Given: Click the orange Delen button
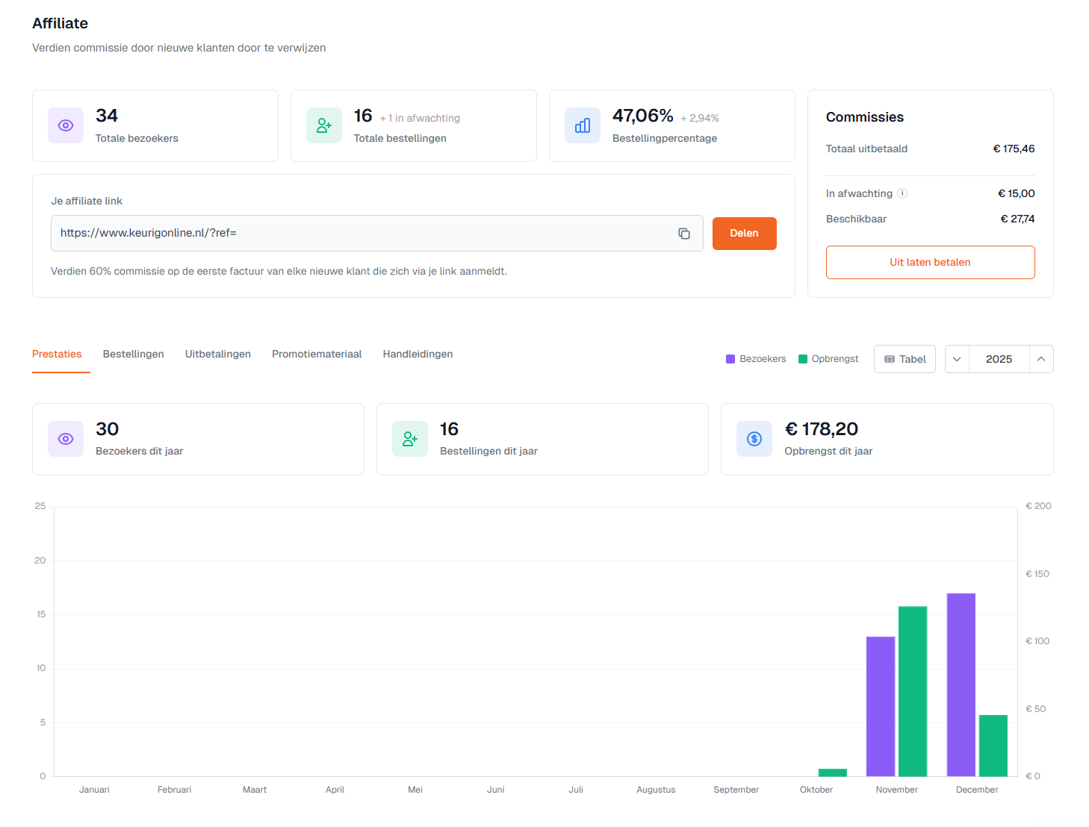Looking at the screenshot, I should click(x=744, y=234).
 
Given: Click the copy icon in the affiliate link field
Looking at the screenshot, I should click(x=683, y=234).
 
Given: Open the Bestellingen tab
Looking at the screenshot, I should click(x=133, y=355).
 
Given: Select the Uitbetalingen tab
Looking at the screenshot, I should click(x=218, y=355).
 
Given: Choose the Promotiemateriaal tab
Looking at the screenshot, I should click(x=317, y=355).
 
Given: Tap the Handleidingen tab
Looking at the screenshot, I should click(x=418, y=355).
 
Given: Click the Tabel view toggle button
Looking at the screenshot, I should click(x=905, y=359).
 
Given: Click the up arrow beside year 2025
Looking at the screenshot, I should click(x=1040, y=359).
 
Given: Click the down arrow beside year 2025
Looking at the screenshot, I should click(x=957, y=359).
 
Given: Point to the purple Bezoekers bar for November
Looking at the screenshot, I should click(x=881, y=706).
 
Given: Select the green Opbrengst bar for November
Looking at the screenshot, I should click(x=913, y=691).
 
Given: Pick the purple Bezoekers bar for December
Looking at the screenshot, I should click(x=961, y=684).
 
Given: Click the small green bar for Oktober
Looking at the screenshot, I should click(x=833, y=773).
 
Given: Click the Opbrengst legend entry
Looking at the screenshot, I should click(x=828, y=359).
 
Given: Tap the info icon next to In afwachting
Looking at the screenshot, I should click(x=902, y=193).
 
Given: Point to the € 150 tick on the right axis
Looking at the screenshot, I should click(x=1037, y=574).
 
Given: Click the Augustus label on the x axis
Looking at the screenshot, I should click(x=656, y=790).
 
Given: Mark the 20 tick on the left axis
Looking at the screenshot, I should click(x=40, y=561).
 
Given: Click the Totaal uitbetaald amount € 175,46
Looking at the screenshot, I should click(x=1014, y=149).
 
